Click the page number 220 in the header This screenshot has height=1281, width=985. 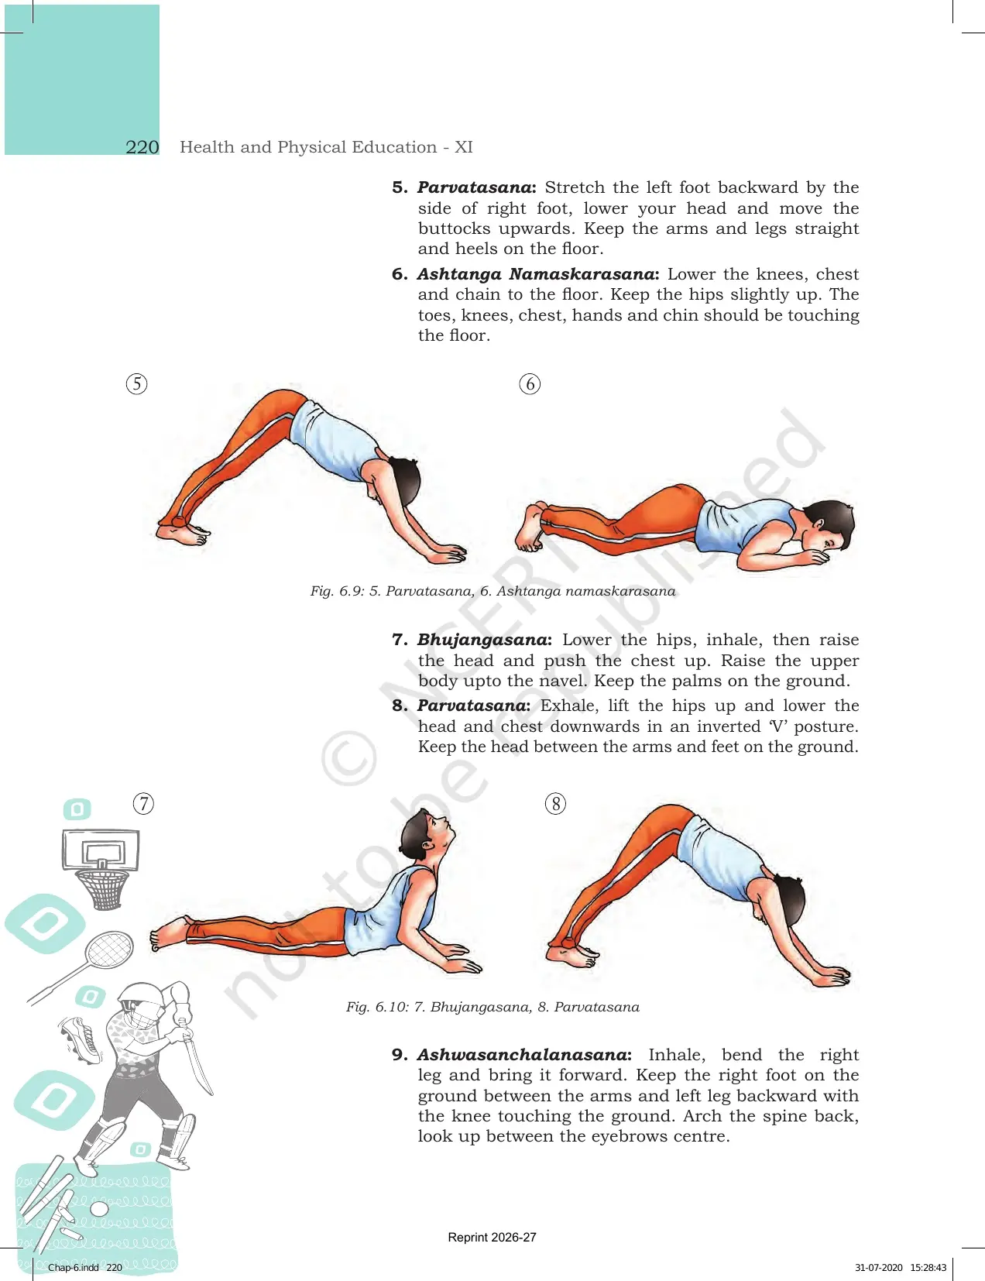tap(142, 147)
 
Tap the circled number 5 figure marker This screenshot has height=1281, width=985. tap(137, 384)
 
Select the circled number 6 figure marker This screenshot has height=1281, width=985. tap(530, 384)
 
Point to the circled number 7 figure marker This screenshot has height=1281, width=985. tap(143, 803)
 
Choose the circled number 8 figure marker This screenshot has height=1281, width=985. tap(555, 803)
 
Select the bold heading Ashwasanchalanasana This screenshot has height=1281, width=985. tap(524, 1055)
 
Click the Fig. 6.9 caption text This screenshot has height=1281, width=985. tap(492, 591)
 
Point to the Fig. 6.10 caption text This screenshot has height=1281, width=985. tap(492, 1007)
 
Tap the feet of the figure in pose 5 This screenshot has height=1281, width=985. tap(183, 530)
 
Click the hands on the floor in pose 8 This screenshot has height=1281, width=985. tap(831, 976)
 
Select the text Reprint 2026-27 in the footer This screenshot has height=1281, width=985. tap(492, 1238)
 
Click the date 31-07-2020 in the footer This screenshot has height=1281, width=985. tap(878, 1267)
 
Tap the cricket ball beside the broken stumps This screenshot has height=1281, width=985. tap(100, 1209)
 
